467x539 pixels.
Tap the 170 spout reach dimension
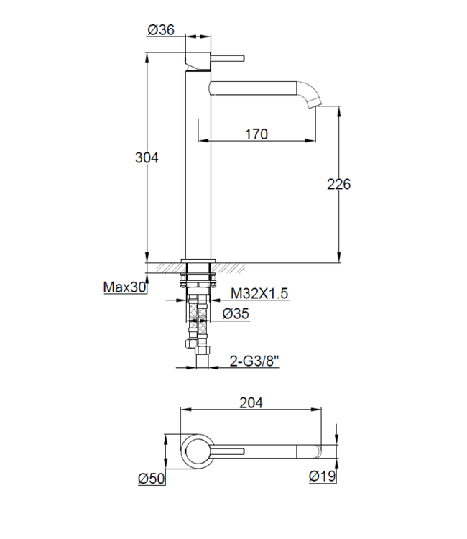256,133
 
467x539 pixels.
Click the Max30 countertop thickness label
125,287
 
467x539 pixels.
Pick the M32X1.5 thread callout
259,293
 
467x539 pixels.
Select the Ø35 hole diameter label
236,313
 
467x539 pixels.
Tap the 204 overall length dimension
251,403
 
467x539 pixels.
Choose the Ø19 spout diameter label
321,477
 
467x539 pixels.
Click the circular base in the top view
196,451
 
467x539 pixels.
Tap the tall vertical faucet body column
198,165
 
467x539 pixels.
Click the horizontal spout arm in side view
251,88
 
